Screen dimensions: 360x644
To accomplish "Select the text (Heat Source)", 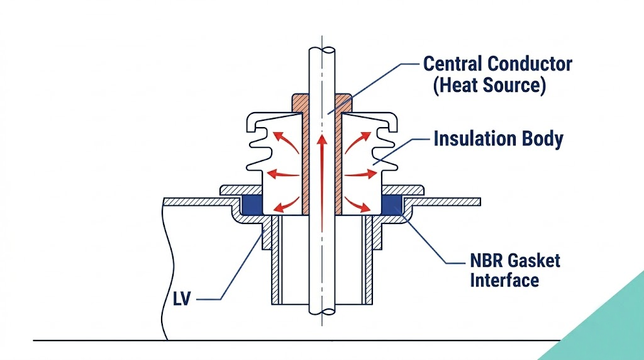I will (x=489, y=85).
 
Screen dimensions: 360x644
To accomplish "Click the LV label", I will (x=182, y=296).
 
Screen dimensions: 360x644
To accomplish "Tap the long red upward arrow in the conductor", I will (x=322, y=176).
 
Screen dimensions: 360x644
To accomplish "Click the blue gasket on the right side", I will (x=393, y=203).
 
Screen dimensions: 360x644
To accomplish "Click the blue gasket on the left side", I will (x=252, y=203).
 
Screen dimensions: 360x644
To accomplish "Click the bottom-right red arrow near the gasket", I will (x=360, y=202).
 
